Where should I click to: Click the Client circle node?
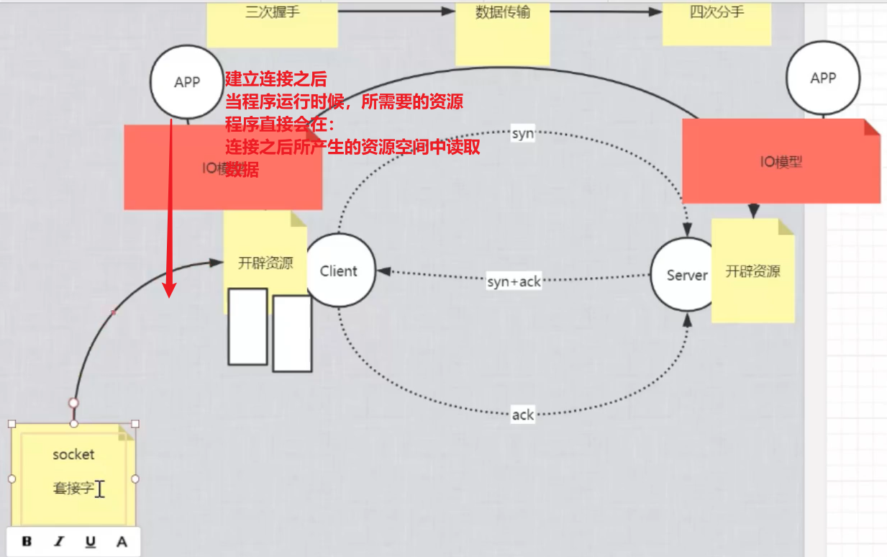(339, 271)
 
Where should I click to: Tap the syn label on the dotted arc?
(523, 134)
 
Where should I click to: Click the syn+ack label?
(514, 282)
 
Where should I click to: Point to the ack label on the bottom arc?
(523, 415)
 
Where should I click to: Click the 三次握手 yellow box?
(272, 22)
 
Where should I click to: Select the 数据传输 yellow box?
(503, 29)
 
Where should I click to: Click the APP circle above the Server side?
(823, 78)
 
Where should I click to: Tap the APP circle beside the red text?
(187, 82)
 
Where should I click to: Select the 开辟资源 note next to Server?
(753, 271)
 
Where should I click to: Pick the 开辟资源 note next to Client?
(265, 263)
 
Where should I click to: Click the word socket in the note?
(73, 454)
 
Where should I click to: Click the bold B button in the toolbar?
(27, 541)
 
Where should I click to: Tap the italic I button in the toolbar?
(59, 541)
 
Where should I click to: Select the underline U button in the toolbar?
(91, 541)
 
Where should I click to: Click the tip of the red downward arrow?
(169, 295)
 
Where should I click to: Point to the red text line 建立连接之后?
(276, 79)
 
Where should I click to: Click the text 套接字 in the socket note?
(73, 489)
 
